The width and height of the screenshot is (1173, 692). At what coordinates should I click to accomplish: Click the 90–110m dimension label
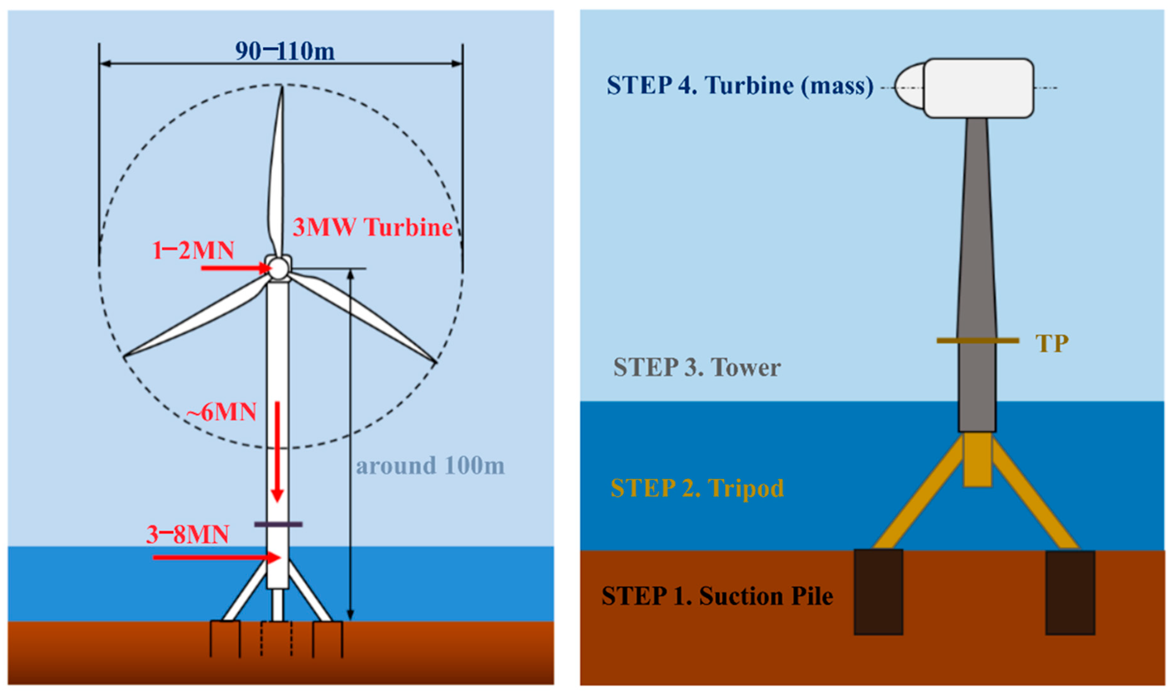coord(285,51)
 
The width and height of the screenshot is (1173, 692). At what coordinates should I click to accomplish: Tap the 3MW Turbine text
coord(372,228)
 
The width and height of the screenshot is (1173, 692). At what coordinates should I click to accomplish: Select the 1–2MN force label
coord(193,250)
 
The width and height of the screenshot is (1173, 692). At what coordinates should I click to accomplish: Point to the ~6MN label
coord(221,412)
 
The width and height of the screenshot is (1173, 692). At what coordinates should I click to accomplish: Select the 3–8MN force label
coord(188,534)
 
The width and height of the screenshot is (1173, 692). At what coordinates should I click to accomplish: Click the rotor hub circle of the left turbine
coord(279,269)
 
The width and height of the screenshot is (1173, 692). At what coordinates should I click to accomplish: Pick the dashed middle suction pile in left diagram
coord(277,639)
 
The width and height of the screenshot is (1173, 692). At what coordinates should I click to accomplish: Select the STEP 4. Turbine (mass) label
coord(740,86)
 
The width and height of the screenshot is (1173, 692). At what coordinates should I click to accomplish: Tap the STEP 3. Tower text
coord(697,368)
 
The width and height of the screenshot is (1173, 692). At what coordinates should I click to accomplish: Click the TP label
coord(1052,344)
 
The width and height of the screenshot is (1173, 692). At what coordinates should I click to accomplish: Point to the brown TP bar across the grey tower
coord(977,341)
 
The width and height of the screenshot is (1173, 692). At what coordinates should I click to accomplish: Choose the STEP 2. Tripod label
coord(697,488)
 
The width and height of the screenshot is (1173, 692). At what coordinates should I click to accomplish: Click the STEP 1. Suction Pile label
coord(717,596)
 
